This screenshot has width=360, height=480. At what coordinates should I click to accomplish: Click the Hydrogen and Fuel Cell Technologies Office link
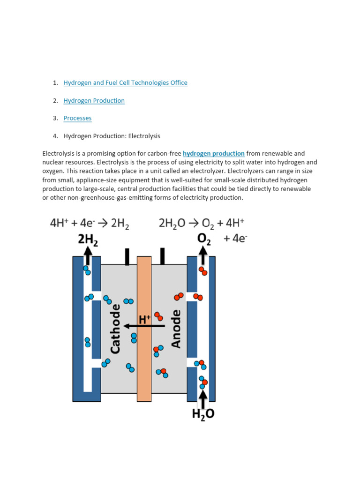point(125,83)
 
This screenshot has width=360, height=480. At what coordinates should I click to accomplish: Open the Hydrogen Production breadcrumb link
point(94,101)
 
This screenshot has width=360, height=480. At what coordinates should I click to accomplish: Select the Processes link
point(77,118)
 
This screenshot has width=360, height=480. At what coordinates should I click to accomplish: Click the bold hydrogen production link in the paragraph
point(213,153)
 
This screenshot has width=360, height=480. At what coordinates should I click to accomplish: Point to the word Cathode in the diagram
point(115,329)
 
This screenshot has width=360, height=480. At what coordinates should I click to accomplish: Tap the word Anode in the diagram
point(176,329)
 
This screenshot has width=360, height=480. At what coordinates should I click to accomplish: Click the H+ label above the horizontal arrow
point(145,320)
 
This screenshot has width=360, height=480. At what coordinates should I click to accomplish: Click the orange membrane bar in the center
point(144,366)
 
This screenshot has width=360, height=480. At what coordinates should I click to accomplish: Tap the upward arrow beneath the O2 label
point(202,256)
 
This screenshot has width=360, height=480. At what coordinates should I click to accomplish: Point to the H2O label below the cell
point(203,414)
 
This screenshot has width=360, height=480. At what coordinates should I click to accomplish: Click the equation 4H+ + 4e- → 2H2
point(90,224)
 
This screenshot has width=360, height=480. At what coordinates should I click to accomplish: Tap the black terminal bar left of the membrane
point(127,256)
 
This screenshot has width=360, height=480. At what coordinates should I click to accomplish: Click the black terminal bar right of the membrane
point(162,256)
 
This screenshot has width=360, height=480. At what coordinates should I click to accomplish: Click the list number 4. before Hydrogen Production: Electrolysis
point(55,136)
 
